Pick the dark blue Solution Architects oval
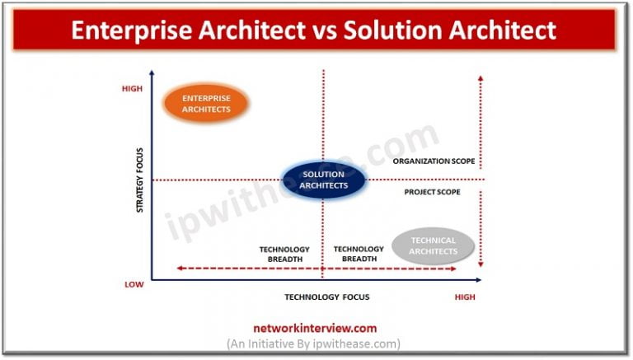(323, 180)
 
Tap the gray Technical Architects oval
(433, 245)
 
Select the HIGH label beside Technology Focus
(465, 297)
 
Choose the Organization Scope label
(434, 161)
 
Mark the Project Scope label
(432, 192)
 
